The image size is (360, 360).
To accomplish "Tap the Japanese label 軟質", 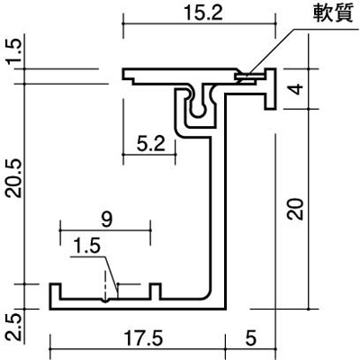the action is pos(333,13).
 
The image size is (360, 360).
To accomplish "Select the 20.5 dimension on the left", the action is pos(14,178).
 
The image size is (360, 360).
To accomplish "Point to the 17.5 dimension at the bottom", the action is pos(143,338).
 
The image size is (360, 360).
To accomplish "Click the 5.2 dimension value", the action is pos(150,144).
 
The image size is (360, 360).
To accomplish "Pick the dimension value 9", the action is pos(106,219).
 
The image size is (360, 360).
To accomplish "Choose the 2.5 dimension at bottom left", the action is pos(14,328).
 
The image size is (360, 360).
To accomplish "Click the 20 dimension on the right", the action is pos(295,209).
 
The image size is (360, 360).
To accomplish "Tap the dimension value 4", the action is pos(297,89).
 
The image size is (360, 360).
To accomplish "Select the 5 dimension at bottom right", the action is pos(250,338).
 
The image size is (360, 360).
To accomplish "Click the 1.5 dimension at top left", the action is pos(14,51).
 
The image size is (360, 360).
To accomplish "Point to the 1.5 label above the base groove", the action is pos(86,247).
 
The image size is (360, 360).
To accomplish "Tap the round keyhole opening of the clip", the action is pos(198,110).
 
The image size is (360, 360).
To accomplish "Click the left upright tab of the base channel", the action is pos(55,292).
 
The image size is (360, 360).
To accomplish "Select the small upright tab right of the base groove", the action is pos(155,292).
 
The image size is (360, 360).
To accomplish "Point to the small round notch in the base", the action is pos(104,301).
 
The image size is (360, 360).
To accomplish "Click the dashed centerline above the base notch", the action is pos(105,284).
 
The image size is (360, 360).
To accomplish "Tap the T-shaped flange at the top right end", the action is pos(270,89).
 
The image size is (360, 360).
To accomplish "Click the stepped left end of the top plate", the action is pos(129,76).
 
